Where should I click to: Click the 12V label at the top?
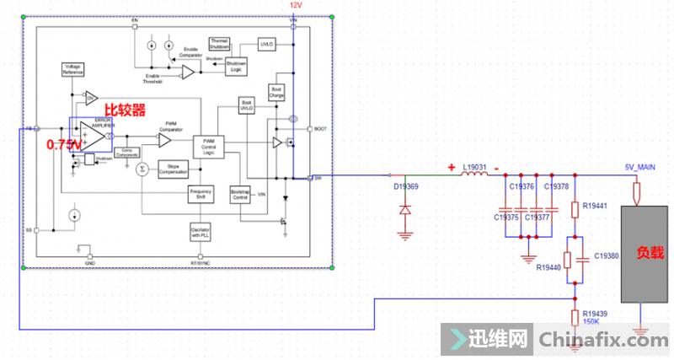pos(295,5)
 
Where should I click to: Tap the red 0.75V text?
pos(65,144)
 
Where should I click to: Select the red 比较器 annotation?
pos(125,110)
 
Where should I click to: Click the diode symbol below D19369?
pos(404,207)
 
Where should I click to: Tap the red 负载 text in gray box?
pos(649,252)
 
